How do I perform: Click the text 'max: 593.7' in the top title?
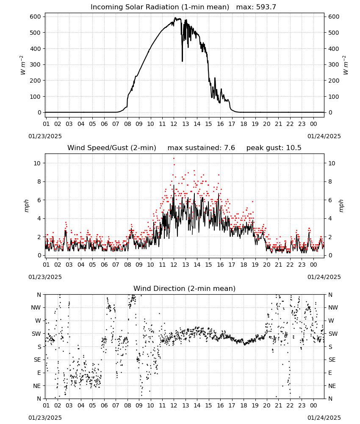click(x=256, y=7)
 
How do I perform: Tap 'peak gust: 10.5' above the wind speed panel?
click(x=274, y=148)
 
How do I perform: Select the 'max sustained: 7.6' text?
click(x=201, y=148)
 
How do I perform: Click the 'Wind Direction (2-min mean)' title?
click(x=185, y=288)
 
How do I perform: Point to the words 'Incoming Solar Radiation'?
click(x=135, y=7)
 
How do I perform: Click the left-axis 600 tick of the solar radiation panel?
click(x=36, y=17)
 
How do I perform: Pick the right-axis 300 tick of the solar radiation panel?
click(x=334, y=64)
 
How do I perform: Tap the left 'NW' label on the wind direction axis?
click(x=36, y=308)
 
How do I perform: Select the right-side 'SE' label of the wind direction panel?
click(x=332, y=360)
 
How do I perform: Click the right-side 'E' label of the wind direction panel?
click(x=330, y=373)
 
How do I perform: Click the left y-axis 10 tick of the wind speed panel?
click(x=37, y=163)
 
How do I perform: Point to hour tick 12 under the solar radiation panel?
click(x=174, y=124)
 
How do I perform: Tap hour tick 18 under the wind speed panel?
click(x=244, y=265)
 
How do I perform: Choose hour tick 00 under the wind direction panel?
click(x=313, y=406)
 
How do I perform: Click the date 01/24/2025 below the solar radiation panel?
click(x=324, y=136)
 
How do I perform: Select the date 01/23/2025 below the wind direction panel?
click(x=45, y=418)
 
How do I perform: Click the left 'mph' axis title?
click(x=26, y=206)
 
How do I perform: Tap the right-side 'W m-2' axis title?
click(x=346, y=65)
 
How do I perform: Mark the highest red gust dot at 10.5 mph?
click(x=174, y=159)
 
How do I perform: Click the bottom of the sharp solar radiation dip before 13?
click(x=182, y=61)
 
